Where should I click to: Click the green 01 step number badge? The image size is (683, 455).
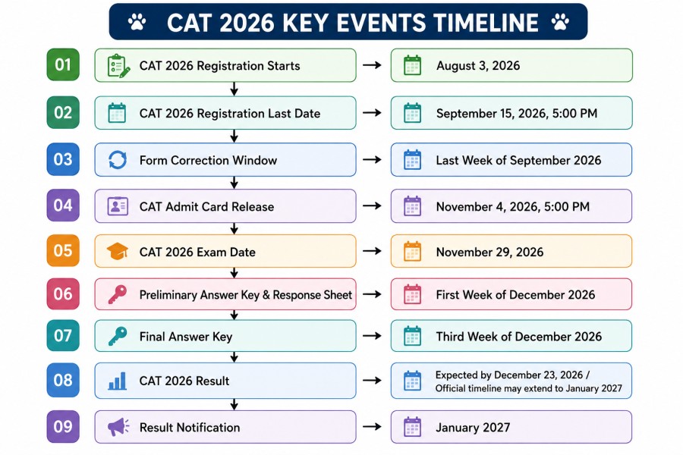[x=63, y=65]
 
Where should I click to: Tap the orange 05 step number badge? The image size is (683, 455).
[x=63, y=250]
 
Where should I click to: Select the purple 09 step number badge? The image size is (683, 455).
[x=63, y=426]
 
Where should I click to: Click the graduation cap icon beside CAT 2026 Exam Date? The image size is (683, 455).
[x=117, y=251]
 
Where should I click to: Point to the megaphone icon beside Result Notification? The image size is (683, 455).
[x=118, y=427]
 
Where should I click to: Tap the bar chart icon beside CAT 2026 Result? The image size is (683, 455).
[x=117, y=381]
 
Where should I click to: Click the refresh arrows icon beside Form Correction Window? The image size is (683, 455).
[x=118, y=160]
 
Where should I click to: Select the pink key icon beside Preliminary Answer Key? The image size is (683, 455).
[x=118, y=294]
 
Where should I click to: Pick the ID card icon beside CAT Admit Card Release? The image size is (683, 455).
[x=118, y=206]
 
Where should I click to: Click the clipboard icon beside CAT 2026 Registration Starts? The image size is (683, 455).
[x=118, y=66]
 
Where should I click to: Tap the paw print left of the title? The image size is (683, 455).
[x=137, y=22]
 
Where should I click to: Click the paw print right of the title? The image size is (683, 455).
[x=560, y=22]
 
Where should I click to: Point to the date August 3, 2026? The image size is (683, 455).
[x=478, y=66]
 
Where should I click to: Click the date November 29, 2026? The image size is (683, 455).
[x=489, y=252]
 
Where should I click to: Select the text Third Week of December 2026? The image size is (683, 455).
[x=519, y=337]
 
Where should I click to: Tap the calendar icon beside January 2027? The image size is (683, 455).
[x=412, y=427]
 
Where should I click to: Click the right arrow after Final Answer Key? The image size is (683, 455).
[x=372, y=336]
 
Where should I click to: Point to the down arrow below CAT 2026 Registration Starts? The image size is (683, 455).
[x=234, y=89]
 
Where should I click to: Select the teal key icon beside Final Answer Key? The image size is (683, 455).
[x=118, y=337]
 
